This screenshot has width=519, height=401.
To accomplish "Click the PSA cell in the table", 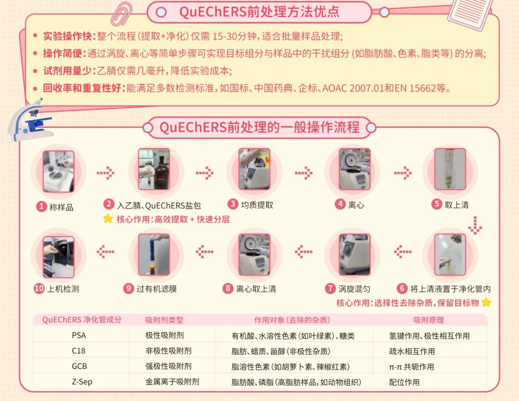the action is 79,335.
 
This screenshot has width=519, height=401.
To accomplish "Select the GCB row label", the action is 79,366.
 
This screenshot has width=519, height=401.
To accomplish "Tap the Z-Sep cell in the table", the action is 82,382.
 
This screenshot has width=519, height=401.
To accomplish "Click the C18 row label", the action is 78,351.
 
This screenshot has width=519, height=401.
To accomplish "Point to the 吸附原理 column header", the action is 429,320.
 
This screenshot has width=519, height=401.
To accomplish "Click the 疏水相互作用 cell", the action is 412,351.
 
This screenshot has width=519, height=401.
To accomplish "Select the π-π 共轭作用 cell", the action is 411,366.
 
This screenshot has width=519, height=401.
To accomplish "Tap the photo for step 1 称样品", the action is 59,171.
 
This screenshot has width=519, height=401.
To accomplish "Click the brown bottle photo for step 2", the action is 154,169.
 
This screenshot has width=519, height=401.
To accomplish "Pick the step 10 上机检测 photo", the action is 59,257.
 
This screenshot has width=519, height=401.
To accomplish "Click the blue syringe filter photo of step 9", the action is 154,255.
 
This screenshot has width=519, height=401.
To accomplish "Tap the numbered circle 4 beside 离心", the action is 340,204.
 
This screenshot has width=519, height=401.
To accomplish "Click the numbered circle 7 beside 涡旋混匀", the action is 330,288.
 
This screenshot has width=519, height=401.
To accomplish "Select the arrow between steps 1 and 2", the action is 106,173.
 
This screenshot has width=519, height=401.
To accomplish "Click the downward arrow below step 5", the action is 475,225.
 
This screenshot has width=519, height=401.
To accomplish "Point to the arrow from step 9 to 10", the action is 106,252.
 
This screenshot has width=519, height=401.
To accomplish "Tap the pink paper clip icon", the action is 121,14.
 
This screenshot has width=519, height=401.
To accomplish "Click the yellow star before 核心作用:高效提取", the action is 108,219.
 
